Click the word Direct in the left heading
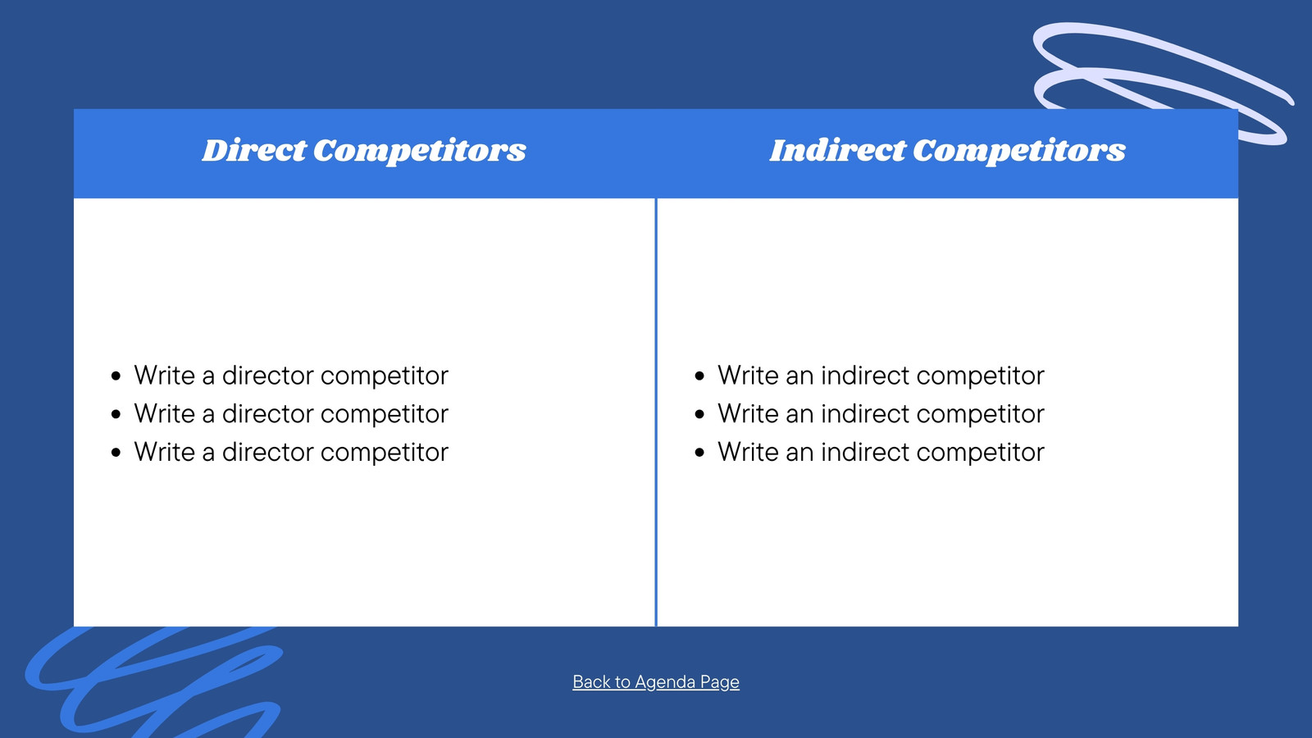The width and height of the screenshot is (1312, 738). [x=254, y=150]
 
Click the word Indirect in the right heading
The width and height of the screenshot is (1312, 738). [x=837, y=150]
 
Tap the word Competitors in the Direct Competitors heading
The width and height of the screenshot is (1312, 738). [x=419, y=151]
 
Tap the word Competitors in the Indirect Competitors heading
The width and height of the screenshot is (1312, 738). [x=1019, y=151]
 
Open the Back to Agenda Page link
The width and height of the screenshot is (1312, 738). [x=656, y=681]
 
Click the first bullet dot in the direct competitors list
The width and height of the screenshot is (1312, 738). [x=116, y=376]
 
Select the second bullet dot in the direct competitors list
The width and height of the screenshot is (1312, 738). [x=116, y=414]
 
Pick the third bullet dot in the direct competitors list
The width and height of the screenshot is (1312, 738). [x=116, y=452]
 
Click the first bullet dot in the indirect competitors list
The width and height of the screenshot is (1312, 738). [x=699, y=376]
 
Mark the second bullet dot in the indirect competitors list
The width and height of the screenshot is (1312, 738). [x=699, y=414]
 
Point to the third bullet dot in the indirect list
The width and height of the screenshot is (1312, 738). [x=699, y=452]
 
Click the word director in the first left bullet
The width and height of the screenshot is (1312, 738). [x=267, y=376]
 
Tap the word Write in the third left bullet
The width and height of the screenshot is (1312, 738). [x=165, y=452]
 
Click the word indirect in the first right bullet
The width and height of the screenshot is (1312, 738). [x=865, y=376]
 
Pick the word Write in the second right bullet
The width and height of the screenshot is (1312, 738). [x=749, y=413]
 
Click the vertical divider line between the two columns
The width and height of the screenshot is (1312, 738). [x=656, y=412]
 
